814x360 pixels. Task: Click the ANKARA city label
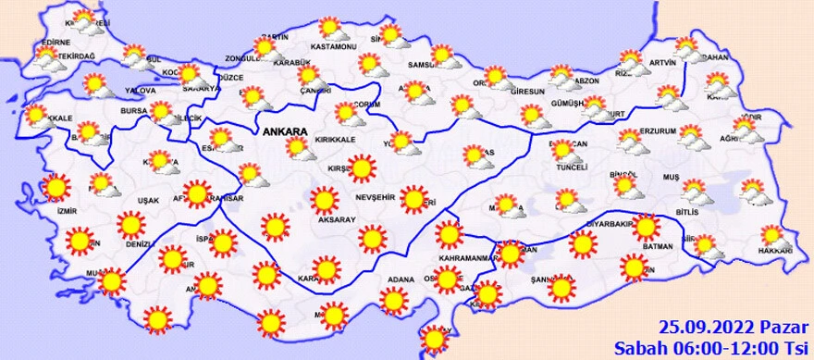click(285, 133)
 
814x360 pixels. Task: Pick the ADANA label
click(400, 279)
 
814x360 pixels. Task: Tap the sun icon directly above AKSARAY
click(325, 199)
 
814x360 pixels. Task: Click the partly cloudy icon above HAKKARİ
click(774, 236)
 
